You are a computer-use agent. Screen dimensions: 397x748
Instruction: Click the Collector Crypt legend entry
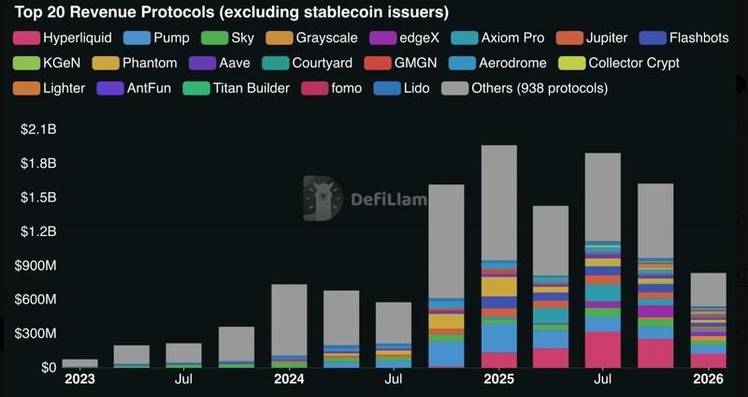622,64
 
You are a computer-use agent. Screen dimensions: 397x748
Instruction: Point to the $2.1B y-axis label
38,129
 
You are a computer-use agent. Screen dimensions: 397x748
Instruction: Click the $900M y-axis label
36,265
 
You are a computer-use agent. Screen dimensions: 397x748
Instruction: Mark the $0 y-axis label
47,367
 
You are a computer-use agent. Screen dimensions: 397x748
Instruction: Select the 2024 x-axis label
289,380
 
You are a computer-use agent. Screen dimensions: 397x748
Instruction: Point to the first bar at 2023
79,363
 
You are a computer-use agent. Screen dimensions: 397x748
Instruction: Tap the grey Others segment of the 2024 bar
289,318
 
